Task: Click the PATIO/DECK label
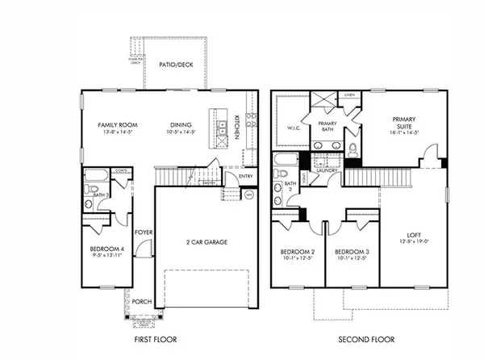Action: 175,64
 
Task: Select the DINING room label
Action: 180,124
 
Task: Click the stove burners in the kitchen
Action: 251,121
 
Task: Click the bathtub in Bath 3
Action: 96,175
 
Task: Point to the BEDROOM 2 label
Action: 294,251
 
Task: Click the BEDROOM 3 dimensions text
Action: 352,259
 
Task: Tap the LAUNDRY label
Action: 327,170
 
